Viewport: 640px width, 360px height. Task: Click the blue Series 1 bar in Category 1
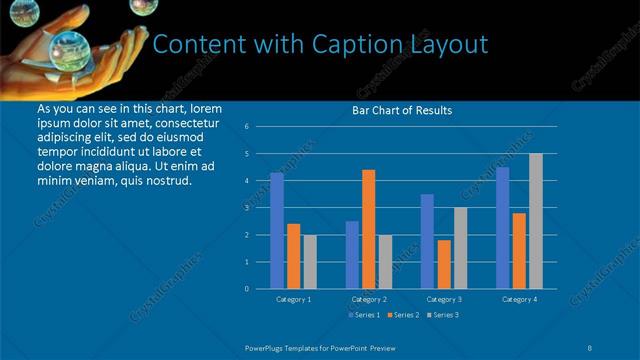(x=277, y=230)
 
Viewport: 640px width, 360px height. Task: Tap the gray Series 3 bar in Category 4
(x=536, y=221)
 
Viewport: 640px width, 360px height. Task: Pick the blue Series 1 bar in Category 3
(x=427, y=241)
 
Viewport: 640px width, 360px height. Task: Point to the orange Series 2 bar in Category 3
(x=444, y=264)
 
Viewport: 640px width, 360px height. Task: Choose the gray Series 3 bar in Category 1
(x=309, y=261)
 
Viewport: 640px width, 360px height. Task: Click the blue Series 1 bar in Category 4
(x=503, y=228)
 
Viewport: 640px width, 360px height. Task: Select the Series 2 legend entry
(x=403, y=315)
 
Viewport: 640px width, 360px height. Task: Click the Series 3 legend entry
(x=444, y=315)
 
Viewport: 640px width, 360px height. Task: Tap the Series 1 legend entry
(x=362, y=315)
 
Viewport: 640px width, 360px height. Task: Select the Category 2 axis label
(x=369, y=299)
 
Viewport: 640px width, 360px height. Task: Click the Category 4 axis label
(x=519, y=299)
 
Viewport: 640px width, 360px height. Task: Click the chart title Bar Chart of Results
(x=402, y=110)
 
